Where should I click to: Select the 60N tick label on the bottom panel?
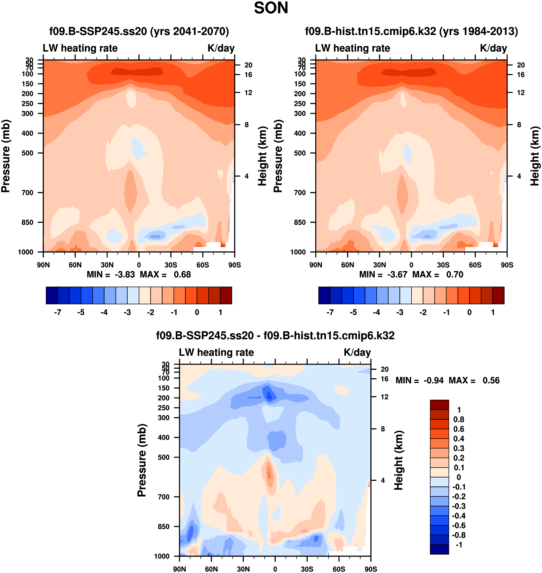pos(211,569)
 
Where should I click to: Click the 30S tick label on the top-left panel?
pos(171,265)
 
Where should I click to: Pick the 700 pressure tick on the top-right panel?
pos(300,193)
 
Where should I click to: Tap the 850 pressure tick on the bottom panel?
pos(163,526)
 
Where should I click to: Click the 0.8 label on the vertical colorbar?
pos(458,419)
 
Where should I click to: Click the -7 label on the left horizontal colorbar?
pos(58,312)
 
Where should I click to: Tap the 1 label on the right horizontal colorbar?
pos(493,312)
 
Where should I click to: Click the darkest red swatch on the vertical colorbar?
pos(439,405)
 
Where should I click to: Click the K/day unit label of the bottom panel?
pos(357,352)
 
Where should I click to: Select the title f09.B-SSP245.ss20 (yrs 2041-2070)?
pos(139,31)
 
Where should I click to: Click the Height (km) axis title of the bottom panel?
pos(399,460)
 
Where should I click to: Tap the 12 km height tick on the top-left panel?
pos(248,93)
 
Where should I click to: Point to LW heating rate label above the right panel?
pos(352,48)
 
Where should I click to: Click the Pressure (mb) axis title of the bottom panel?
pos(142,460)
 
